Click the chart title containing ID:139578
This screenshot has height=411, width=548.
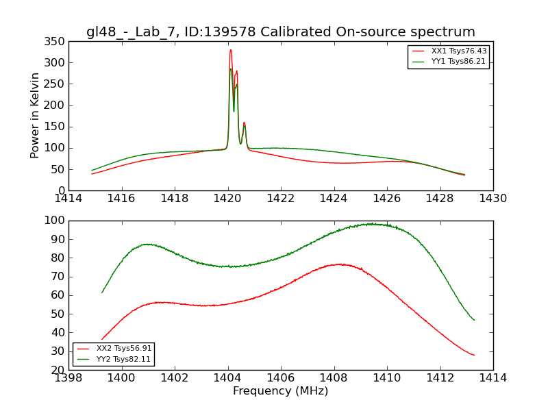[x=281, y=32]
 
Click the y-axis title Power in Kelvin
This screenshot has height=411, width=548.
[x=36, y=116]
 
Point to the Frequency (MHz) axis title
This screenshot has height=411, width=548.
[x=281, y=391]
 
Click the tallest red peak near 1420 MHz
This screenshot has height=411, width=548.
[x=230, y=49]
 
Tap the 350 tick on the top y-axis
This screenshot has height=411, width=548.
[x=57, y=41]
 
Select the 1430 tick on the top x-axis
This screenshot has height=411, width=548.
[x=493, y=198]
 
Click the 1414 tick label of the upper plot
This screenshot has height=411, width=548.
[x=68, y=198]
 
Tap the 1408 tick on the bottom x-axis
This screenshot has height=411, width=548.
[x=334, y=377]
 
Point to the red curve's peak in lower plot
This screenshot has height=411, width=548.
[x=339, y=264]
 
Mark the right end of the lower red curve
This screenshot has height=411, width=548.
[x=474, y=355]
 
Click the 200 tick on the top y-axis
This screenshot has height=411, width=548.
[x=57, y=105]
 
